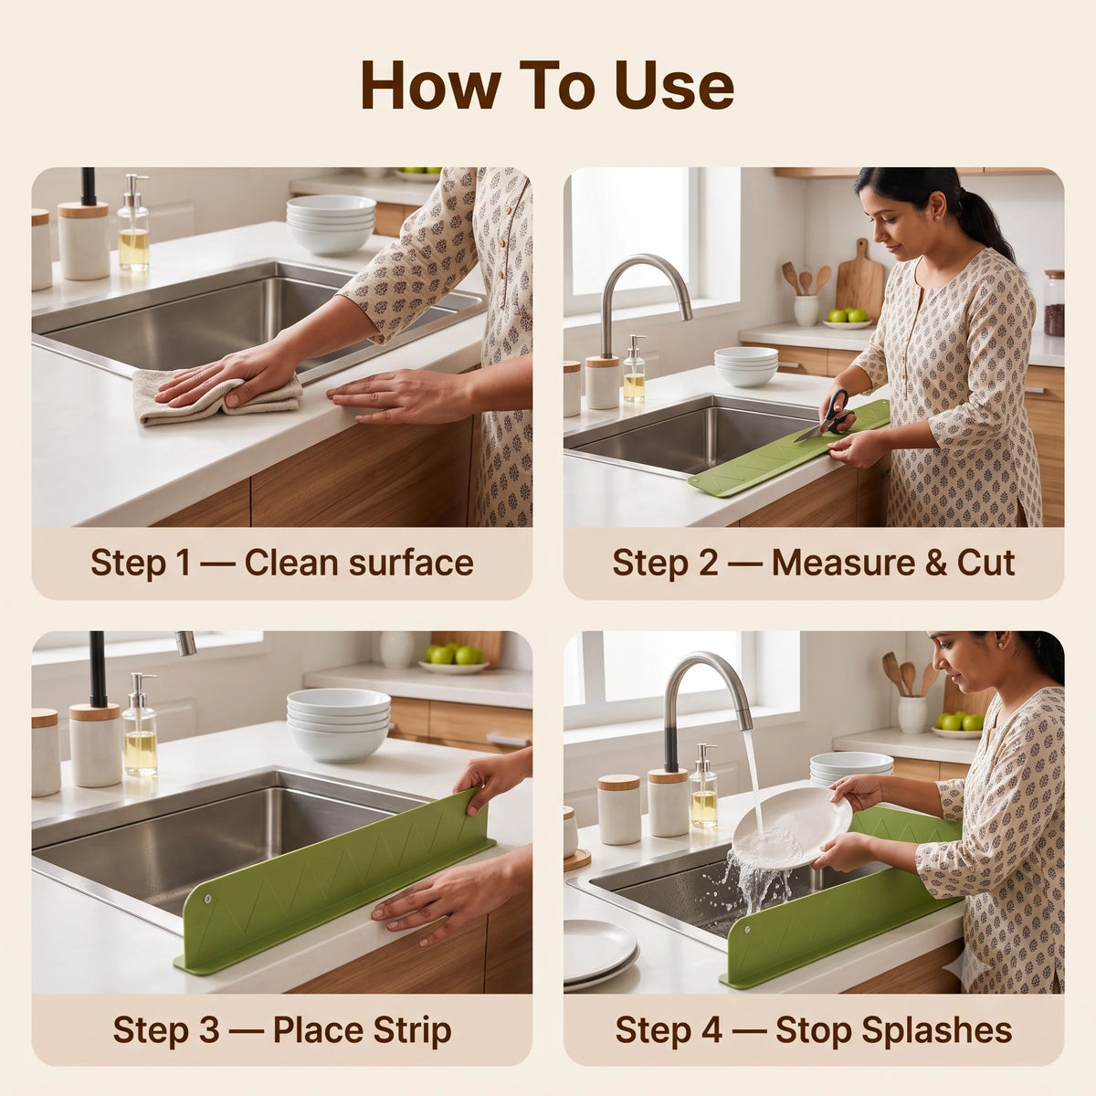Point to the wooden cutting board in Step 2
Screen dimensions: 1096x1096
point(859,279)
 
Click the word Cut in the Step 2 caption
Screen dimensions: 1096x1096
point(985,564)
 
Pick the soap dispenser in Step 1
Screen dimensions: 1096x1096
point(133,223)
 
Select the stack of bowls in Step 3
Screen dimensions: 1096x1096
point(339,724)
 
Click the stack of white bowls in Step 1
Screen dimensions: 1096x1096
point(331,225)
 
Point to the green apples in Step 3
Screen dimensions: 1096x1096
point(454,654)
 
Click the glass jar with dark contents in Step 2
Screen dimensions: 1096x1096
point(1054,303)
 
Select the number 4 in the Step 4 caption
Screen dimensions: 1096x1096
point(711,1029)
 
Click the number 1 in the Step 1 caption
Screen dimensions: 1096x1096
point(182,564)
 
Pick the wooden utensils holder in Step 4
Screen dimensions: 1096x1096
point(912,714)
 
